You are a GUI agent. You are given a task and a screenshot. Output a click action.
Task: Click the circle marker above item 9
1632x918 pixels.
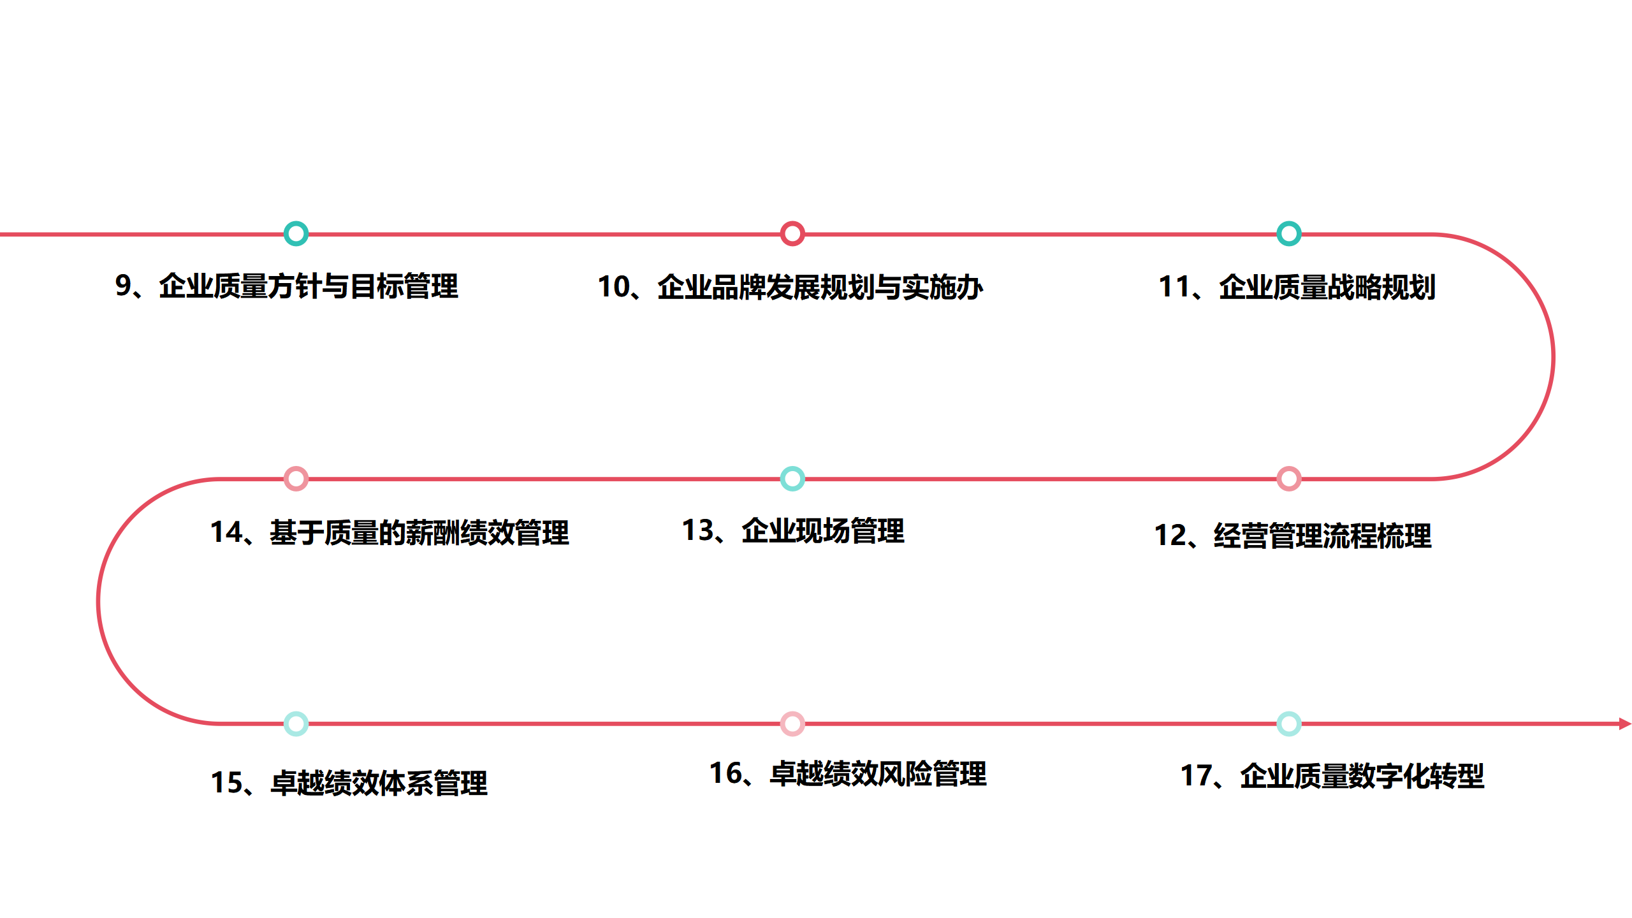click(x=296, y=233)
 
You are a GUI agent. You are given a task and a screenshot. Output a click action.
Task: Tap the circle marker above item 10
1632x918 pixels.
click(x=792, y=233)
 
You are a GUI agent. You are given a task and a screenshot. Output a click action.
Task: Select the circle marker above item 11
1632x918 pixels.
click(x=1288, y=233)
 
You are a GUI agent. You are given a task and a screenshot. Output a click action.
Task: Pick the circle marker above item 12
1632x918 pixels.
click(x=1288, y=478)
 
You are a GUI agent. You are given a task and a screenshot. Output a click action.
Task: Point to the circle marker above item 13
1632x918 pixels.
click(x=792, y=478)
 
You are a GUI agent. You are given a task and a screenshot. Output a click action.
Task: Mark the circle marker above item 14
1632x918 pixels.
click(x=296, y=478)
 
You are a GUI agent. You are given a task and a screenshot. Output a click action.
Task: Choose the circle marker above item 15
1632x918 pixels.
click(x=296, y=724)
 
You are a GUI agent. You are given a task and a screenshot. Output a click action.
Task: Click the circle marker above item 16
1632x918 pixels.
click(x=792, y=724)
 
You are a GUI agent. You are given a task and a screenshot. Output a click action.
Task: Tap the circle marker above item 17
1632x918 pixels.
click(x=1288, y=724)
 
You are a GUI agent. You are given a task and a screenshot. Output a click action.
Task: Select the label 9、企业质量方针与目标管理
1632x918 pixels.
click(x=286, y=286)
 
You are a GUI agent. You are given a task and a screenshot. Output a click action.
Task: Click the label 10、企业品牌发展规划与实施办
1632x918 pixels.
click(x=790, y=288)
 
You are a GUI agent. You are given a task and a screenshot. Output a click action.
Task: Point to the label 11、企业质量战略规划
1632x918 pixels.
click(x=1297, y=288)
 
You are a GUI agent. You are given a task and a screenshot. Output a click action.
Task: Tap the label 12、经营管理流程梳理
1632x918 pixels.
click(x=1292, y=535)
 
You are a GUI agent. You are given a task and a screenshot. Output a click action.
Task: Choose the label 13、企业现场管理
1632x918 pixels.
click(x=792, y=531)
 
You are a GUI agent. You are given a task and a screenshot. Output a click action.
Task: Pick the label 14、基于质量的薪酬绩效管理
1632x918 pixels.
click(x=389, y=533)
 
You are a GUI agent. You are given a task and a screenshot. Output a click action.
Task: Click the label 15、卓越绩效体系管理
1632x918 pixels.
click(x=349, y=783)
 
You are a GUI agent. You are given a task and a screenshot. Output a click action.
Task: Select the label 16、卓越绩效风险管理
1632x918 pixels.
click(x=848, y=774)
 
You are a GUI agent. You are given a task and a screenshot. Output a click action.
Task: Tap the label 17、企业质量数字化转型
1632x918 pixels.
click(x=1332, y=776)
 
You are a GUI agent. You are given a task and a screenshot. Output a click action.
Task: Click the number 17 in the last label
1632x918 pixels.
click(x=1196, y=776)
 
